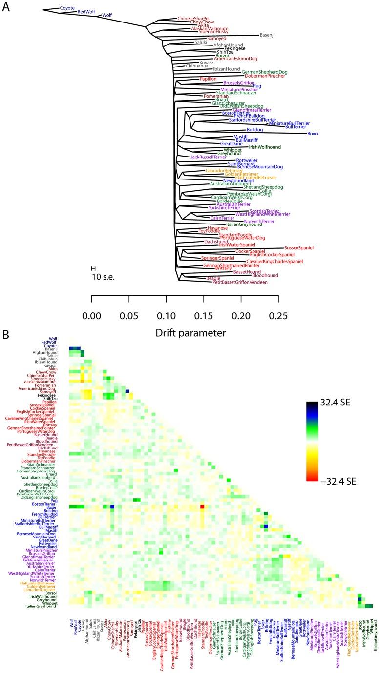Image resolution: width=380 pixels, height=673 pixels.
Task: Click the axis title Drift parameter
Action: pyautogui.click(x=185, y=333)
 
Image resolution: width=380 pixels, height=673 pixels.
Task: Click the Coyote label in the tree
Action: pyautogui.click(x=67, y=8)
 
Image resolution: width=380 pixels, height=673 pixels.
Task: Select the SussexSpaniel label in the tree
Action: pyautogui.click(x=298, y=248)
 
